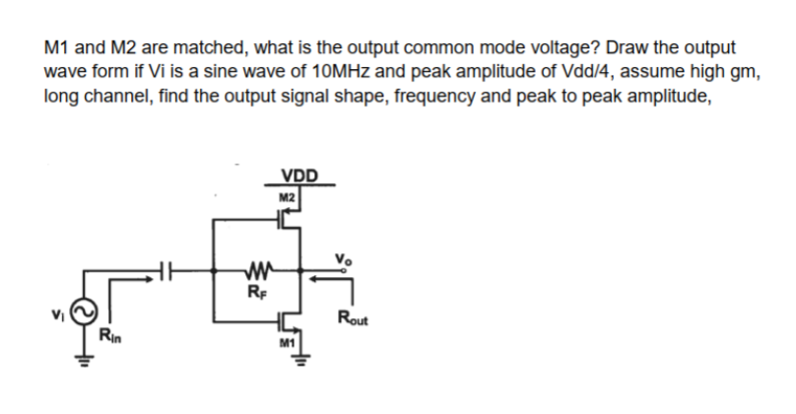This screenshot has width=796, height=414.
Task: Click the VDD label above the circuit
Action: click(x=299, y=177)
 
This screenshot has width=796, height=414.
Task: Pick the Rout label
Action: click(x=353, y=316)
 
